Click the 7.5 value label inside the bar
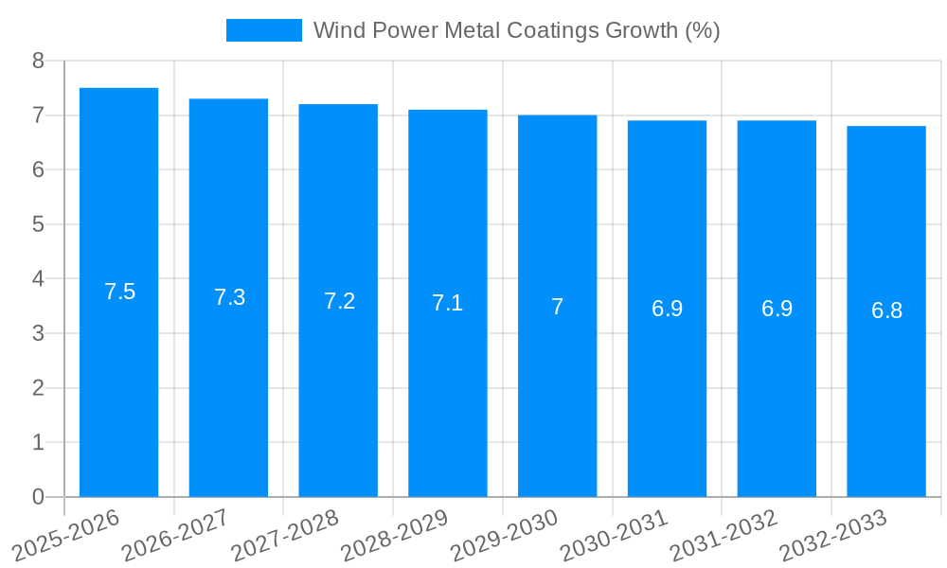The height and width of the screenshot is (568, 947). coord(120,292)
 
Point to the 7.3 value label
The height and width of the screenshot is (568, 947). coord(229,297)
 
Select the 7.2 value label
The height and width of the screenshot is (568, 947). coord(339,301)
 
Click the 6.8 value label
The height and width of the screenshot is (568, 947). coord(886,311)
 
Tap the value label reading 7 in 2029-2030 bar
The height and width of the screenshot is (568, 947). coord(558,307)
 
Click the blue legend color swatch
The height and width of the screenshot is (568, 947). coord(263,30)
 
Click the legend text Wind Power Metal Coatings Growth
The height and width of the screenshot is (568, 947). coord(516,30)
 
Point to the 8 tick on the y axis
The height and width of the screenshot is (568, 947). coord(38,61)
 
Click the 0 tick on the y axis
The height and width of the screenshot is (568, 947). coord(38,497)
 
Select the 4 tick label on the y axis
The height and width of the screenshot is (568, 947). coord(38,279)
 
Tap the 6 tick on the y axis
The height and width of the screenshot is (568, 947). coord(38,170)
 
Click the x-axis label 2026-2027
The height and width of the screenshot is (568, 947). coord(175,535)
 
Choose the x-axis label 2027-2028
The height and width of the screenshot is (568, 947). coord(285,535)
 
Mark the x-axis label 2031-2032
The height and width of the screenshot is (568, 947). coord(724,535)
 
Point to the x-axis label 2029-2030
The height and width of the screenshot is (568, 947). coord(505,535)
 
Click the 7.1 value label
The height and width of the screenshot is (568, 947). coord(448,303)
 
